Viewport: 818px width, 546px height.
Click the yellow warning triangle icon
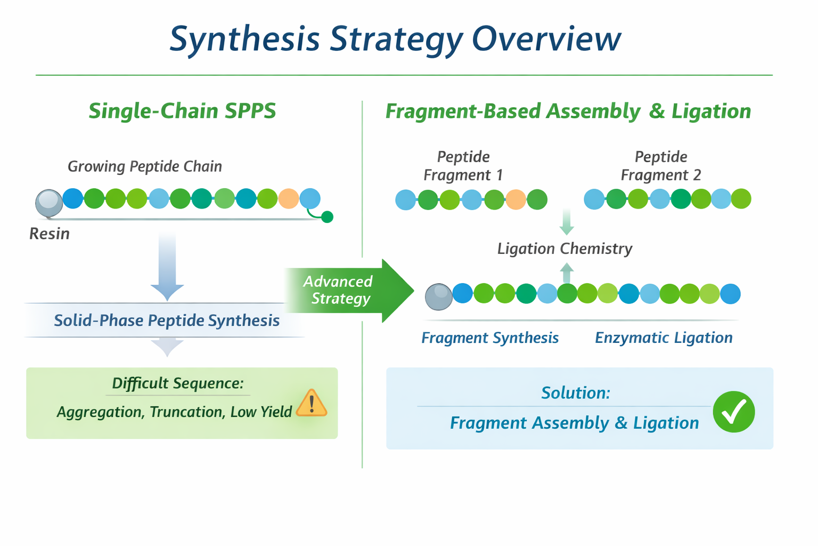(312, 404)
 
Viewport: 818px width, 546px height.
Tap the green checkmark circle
(734, 412)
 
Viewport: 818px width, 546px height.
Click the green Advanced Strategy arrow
(351, 291)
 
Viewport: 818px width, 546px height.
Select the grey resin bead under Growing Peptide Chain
(49, 203)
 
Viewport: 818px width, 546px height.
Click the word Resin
(50, 234)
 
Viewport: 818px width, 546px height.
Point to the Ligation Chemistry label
(565, 248)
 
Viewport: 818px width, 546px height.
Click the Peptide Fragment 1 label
(463, 166)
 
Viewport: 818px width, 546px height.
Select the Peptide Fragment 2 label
(660, 166)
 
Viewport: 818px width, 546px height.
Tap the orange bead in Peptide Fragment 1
(516, 199)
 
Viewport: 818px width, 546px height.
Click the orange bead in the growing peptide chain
(289, 198)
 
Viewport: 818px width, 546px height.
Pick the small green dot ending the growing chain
(328, 216)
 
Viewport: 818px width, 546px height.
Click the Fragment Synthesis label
(490, 338)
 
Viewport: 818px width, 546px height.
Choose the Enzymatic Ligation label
(664, 338)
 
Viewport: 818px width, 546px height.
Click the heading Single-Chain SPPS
(182, 111)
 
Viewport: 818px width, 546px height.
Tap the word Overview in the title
(546, 38)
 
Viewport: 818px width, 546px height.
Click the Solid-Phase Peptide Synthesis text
(167, 320)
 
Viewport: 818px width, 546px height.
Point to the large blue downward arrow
(167, 267)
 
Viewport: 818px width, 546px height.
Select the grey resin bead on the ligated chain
(439, 296)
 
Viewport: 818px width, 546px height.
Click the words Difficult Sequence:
(178, 383)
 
